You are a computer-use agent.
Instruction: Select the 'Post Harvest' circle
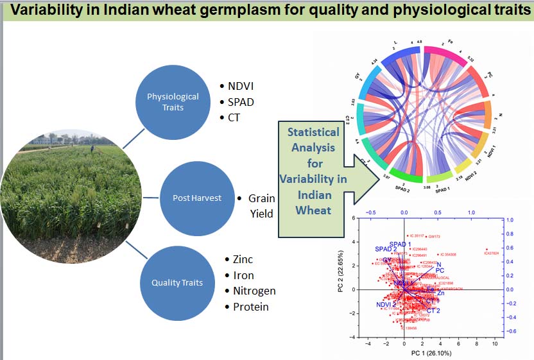pos(197,198)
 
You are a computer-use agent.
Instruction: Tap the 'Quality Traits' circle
pos(177,283)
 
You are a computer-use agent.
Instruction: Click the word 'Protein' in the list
pos(250,307)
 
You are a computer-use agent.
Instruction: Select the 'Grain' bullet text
pos(262,199)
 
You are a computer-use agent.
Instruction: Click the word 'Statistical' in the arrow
pos(313,132)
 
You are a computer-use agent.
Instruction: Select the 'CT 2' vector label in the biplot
pos(433,311)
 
